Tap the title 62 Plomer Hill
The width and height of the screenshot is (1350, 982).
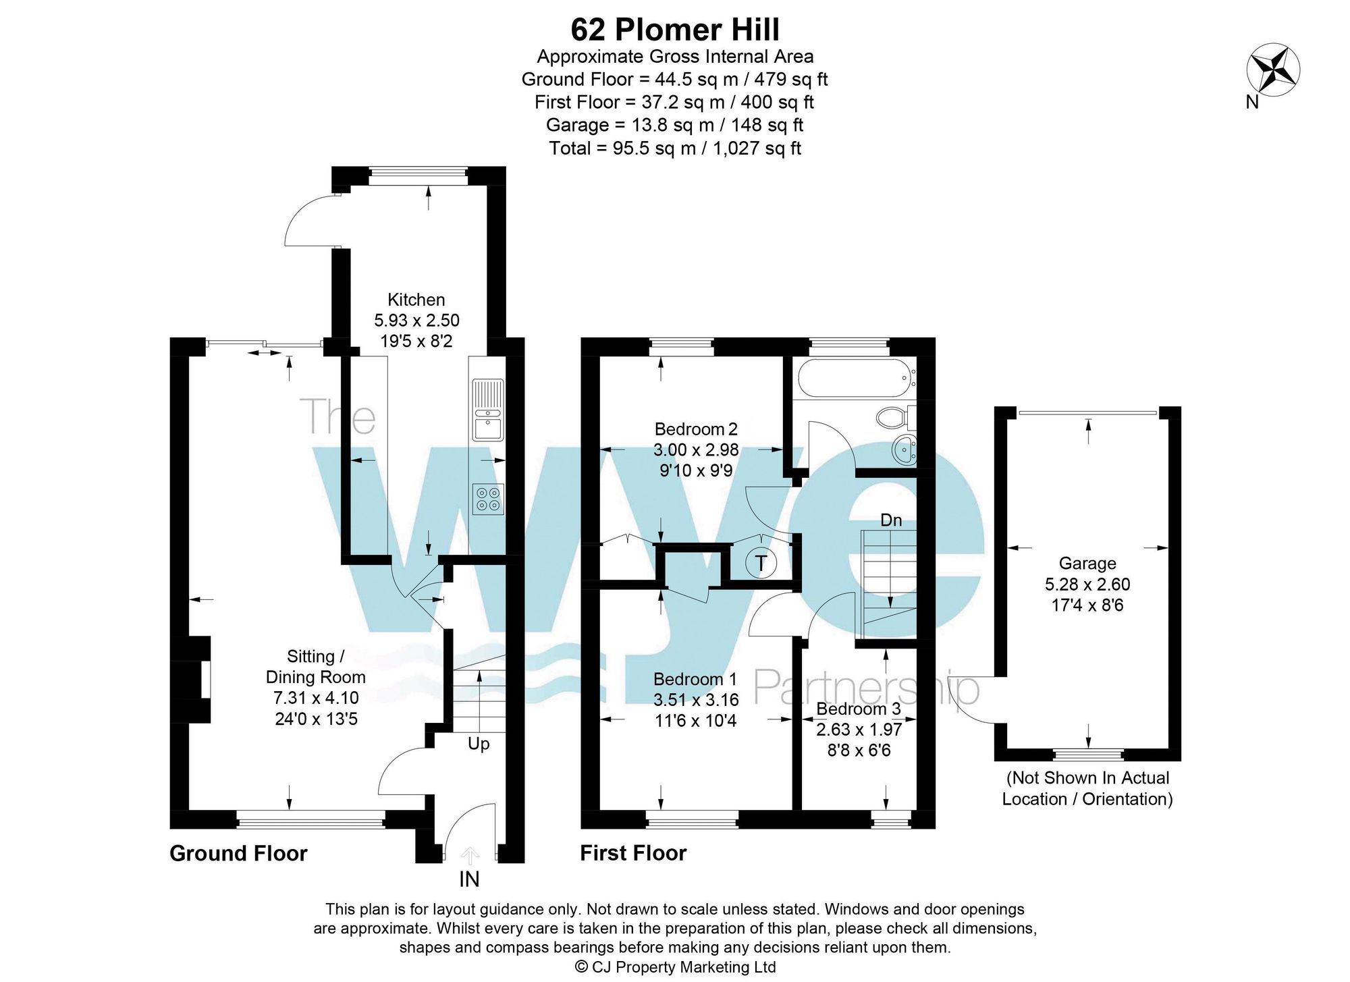[x=674, y=30]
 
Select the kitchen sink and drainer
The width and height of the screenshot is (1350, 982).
[x=488, y=410]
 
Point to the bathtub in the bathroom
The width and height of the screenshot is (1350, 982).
[x=855, y=379]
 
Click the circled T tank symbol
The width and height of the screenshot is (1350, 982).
[x=761, y=562]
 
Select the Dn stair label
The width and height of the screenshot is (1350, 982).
[x=891, y=520]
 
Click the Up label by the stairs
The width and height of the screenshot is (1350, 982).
[x=478, y=744]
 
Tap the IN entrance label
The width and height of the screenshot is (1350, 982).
[x=469, y=879]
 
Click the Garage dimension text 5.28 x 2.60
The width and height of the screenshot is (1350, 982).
[x=1087, y=584]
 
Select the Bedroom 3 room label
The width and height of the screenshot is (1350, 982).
[x=858, y=709]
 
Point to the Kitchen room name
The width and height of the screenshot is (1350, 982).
[x=416, y=300]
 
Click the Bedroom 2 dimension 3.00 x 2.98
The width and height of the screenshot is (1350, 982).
[x=695, y=449]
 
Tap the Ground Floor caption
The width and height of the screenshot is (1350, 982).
[x=238, y=853]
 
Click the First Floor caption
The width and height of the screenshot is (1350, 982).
[x=632, y=853]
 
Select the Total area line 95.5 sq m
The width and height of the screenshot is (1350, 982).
[x=674, y=148]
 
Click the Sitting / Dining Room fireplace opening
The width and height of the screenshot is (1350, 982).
[x=203, y=680]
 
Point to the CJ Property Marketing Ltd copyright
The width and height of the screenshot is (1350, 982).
[x=674, y=966]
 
